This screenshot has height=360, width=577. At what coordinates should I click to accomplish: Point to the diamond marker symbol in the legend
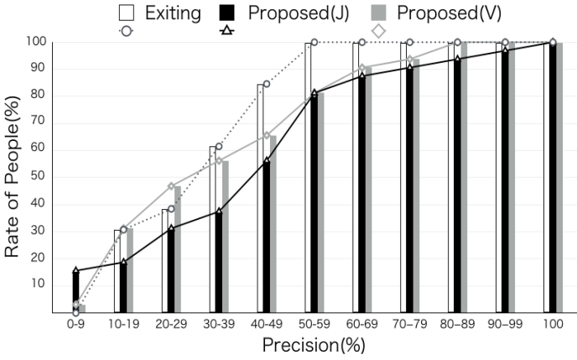pos(378,31)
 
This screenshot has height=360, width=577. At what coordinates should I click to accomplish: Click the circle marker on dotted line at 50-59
pos(314,42)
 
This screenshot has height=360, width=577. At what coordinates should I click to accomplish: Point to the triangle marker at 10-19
pos(123,263)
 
